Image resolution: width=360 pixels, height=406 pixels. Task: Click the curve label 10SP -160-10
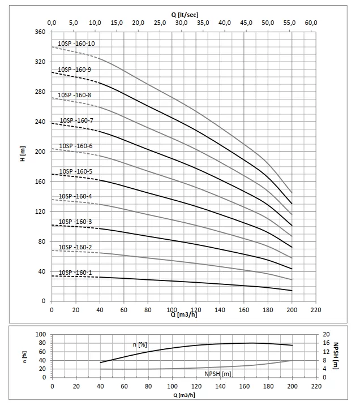(x=76, y=44)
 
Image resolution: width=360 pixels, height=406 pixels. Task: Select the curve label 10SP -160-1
(x=75, y=273)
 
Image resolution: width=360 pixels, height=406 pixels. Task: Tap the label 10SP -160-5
(x=76, y=171)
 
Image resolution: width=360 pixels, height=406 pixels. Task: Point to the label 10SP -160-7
(x=76, y=120)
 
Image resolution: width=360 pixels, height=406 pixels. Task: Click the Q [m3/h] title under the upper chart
(x=185, y=315)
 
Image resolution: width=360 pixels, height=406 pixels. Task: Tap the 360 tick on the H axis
(x=40, y=32)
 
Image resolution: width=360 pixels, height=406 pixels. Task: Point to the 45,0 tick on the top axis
(x=246, y=23)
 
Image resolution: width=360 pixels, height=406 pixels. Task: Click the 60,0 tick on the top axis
(x=311, y=23)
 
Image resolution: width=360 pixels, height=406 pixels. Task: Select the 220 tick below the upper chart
(x=316, y=310)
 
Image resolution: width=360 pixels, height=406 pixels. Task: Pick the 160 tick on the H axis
(x=40, y=182)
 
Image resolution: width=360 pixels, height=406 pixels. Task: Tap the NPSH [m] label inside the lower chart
(x=218, y=374)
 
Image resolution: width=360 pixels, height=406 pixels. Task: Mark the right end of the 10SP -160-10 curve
(x=292, y=193)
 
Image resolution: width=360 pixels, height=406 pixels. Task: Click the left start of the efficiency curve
(x=100, y=362)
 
